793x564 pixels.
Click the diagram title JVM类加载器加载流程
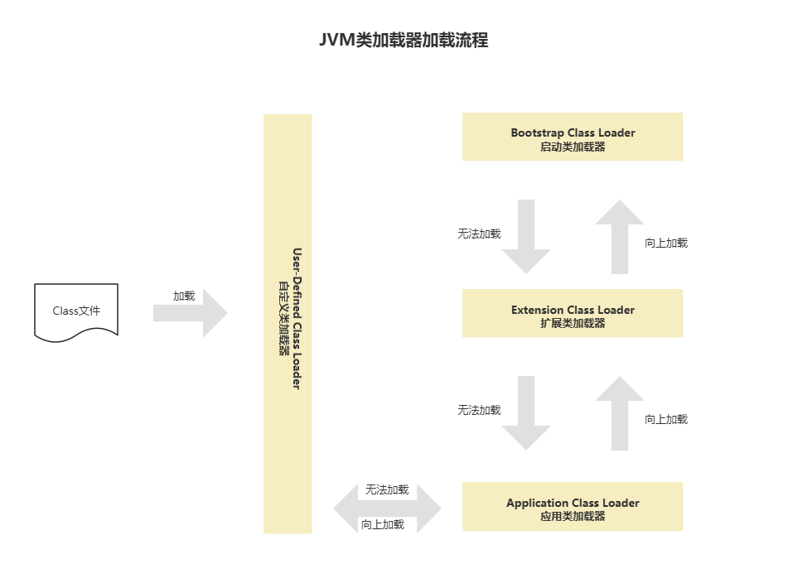[404, 41]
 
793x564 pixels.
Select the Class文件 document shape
[76, 311]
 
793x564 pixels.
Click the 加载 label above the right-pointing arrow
[184, 296]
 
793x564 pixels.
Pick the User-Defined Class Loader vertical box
[288, 323]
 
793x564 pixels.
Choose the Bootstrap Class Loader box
[572, 137]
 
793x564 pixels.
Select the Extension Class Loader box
[572, 315]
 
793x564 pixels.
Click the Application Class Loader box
[572, 507]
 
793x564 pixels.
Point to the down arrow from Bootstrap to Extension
[526, 236]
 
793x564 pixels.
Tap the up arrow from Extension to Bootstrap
[620, 236]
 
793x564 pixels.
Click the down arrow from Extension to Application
[526, 412]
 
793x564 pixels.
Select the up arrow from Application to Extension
[620, 412]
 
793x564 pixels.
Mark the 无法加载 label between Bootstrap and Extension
[479, 234]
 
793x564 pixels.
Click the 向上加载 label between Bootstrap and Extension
[666, 243]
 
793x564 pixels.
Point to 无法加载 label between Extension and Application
[479, 410]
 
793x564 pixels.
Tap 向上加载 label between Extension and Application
[666, 419]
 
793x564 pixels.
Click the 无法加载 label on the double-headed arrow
[387, 489]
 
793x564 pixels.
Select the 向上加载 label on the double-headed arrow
[383, 524]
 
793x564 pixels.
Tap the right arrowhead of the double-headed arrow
[433, 507]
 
